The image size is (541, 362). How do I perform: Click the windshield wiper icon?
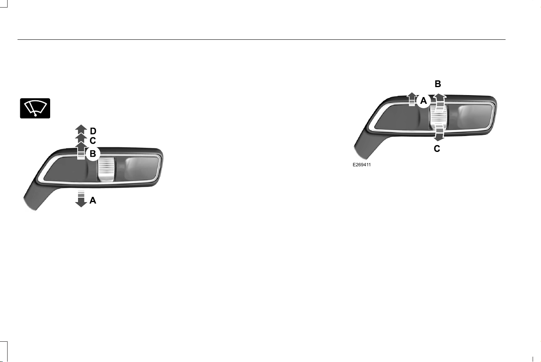[35, 108]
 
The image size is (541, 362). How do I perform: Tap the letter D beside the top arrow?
[93, 131]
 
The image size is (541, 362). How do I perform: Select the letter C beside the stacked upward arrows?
[93, 140]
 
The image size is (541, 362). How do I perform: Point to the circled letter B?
[93, 154]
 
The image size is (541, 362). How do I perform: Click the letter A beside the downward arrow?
[93, 200]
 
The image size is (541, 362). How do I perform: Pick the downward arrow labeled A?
[81, 199]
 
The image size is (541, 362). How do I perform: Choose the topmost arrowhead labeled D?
[81, 128]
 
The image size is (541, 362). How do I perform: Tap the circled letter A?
[424, 101]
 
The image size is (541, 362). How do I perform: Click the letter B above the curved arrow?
[437, 84]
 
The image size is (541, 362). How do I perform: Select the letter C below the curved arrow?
[437, 149]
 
